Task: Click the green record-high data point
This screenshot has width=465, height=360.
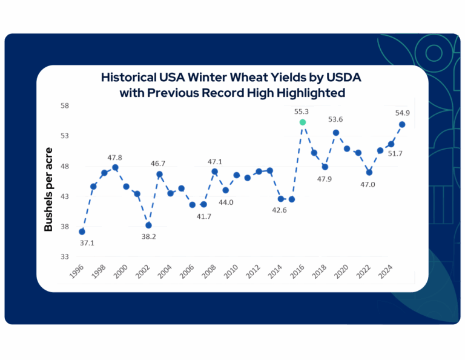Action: (303, 122)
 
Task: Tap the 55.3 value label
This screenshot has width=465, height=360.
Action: (302, 112)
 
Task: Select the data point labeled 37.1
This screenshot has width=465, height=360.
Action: (82, 232)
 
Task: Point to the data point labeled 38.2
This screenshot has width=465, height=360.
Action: (148, 225)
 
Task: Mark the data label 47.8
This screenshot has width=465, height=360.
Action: (115, 158)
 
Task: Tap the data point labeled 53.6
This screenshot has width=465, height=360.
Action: (336, 133)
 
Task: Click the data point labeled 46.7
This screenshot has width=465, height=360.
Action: (159, 175)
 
